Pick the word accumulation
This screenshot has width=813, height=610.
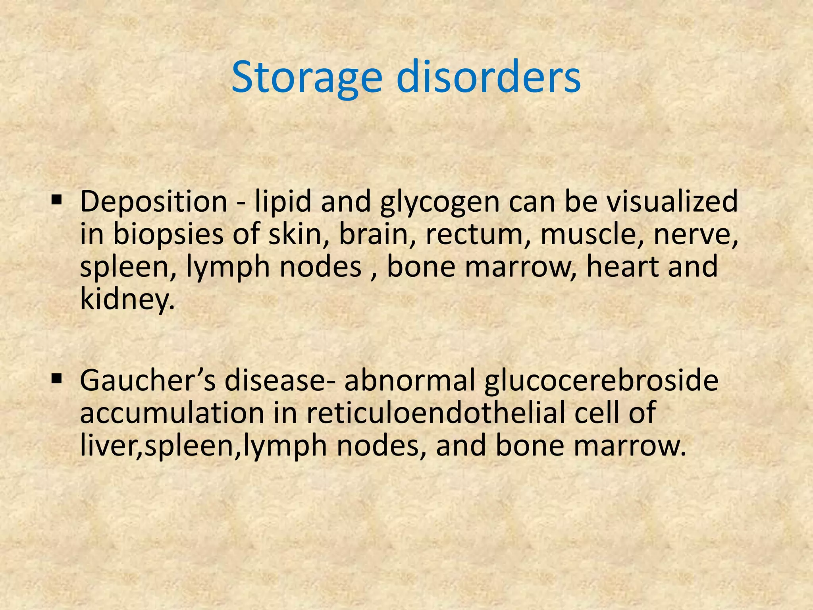172,413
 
